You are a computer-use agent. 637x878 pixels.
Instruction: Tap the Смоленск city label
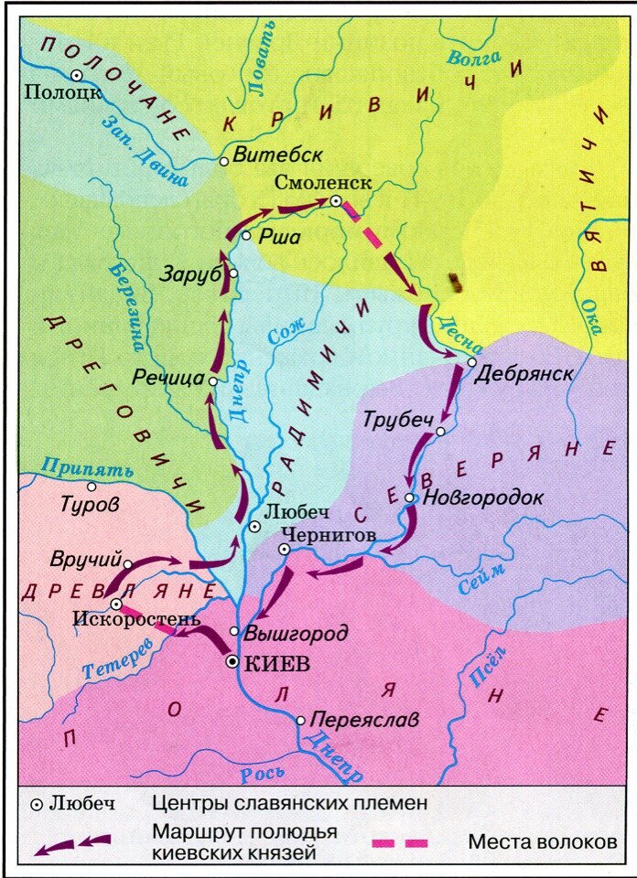pos(323,181)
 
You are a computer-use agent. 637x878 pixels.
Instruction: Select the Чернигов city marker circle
pos(284,549)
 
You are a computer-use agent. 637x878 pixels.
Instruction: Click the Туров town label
pos(90,503)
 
